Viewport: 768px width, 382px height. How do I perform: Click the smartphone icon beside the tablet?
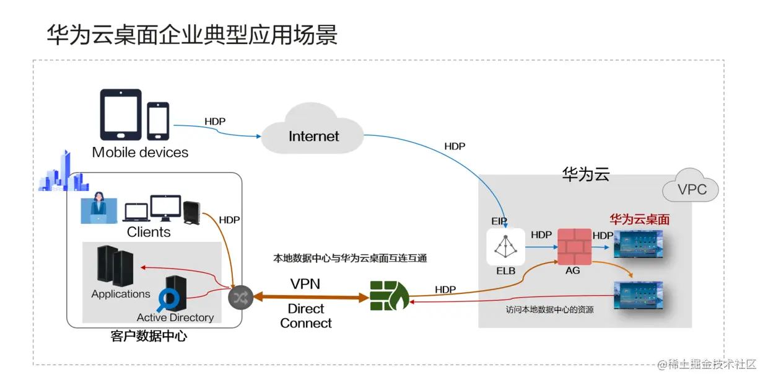coord(158,120)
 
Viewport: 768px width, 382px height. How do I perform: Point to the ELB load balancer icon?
coord(505,247)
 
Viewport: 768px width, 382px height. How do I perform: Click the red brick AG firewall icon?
coord(574,247)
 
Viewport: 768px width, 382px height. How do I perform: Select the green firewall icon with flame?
coord(389,296)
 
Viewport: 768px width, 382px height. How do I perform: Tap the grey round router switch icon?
coord(240,298)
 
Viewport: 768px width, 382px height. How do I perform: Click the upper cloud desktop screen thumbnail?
coord(638,244)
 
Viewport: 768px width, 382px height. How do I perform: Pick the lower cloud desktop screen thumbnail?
coord(638,295)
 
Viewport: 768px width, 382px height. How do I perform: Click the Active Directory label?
coord(175,318)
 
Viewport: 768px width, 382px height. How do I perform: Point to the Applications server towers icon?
coord(115,266)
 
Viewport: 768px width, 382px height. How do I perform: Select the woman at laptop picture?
coord(98,209)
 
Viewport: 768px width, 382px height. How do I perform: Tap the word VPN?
coord(305,284)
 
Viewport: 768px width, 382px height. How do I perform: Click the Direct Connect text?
coord(305,316)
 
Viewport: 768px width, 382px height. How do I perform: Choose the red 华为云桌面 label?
coord(639,220)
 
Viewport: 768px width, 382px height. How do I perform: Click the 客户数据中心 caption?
coord(149,337)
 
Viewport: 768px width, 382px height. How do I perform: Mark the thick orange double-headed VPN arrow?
coord(310,298)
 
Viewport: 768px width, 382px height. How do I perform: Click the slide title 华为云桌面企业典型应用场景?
coord(192,35)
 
